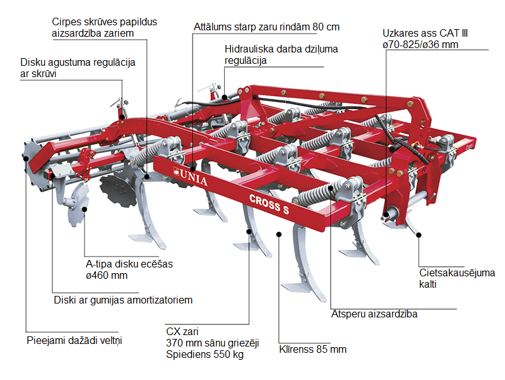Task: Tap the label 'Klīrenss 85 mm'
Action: point(312,349)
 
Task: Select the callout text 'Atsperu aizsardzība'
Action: point(374,314)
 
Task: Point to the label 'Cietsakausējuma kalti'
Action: point(457,278)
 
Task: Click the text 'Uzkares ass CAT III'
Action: point(425,34)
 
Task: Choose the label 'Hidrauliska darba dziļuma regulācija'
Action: point(281,54)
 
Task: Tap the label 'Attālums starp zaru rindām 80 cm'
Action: point(266,27)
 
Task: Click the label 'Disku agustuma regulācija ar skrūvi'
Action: point(78,68)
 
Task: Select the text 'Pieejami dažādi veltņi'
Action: point(74,340)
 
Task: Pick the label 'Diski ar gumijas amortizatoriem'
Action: point(122,300)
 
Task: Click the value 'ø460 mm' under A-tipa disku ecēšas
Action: point(107,276)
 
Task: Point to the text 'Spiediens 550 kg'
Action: point(205,355)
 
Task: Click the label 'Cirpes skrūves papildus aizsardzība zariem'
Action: point(104,27)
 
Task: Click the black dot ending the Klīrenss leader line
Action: point(278,233)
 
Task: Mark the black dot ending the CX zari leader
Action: point(250,231)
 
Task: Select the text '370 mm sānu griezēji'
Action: point(209,343)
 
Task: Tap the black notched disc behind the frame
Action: point(118,190)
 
